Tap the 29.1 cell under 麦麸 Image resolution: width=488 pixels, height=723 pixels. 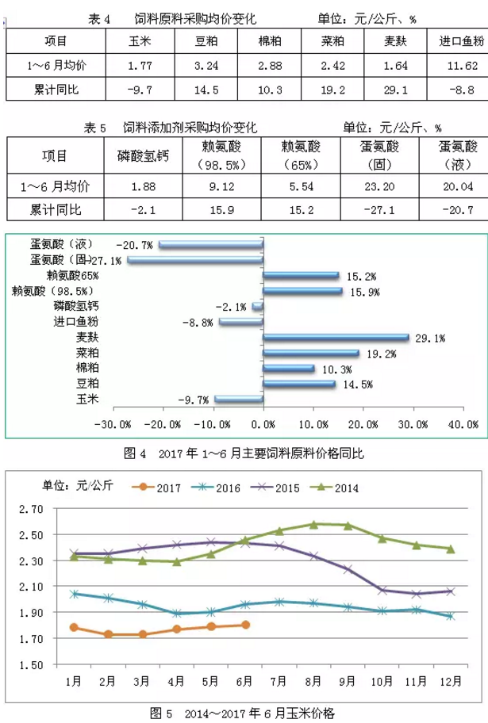point(394,90)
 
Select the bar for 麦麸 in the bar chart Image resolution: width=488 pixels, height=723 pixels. point(336,338)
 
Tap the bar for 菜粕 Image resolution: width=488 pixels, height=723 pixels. point(311,353)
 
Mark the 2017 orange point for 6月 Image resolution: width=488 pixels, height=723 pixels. point(245,625)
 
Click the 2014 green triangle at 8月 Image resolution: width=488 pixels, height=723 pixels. point(313,524)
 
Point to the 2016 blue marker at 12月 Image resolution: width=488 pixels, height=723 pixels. point(450,616)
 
